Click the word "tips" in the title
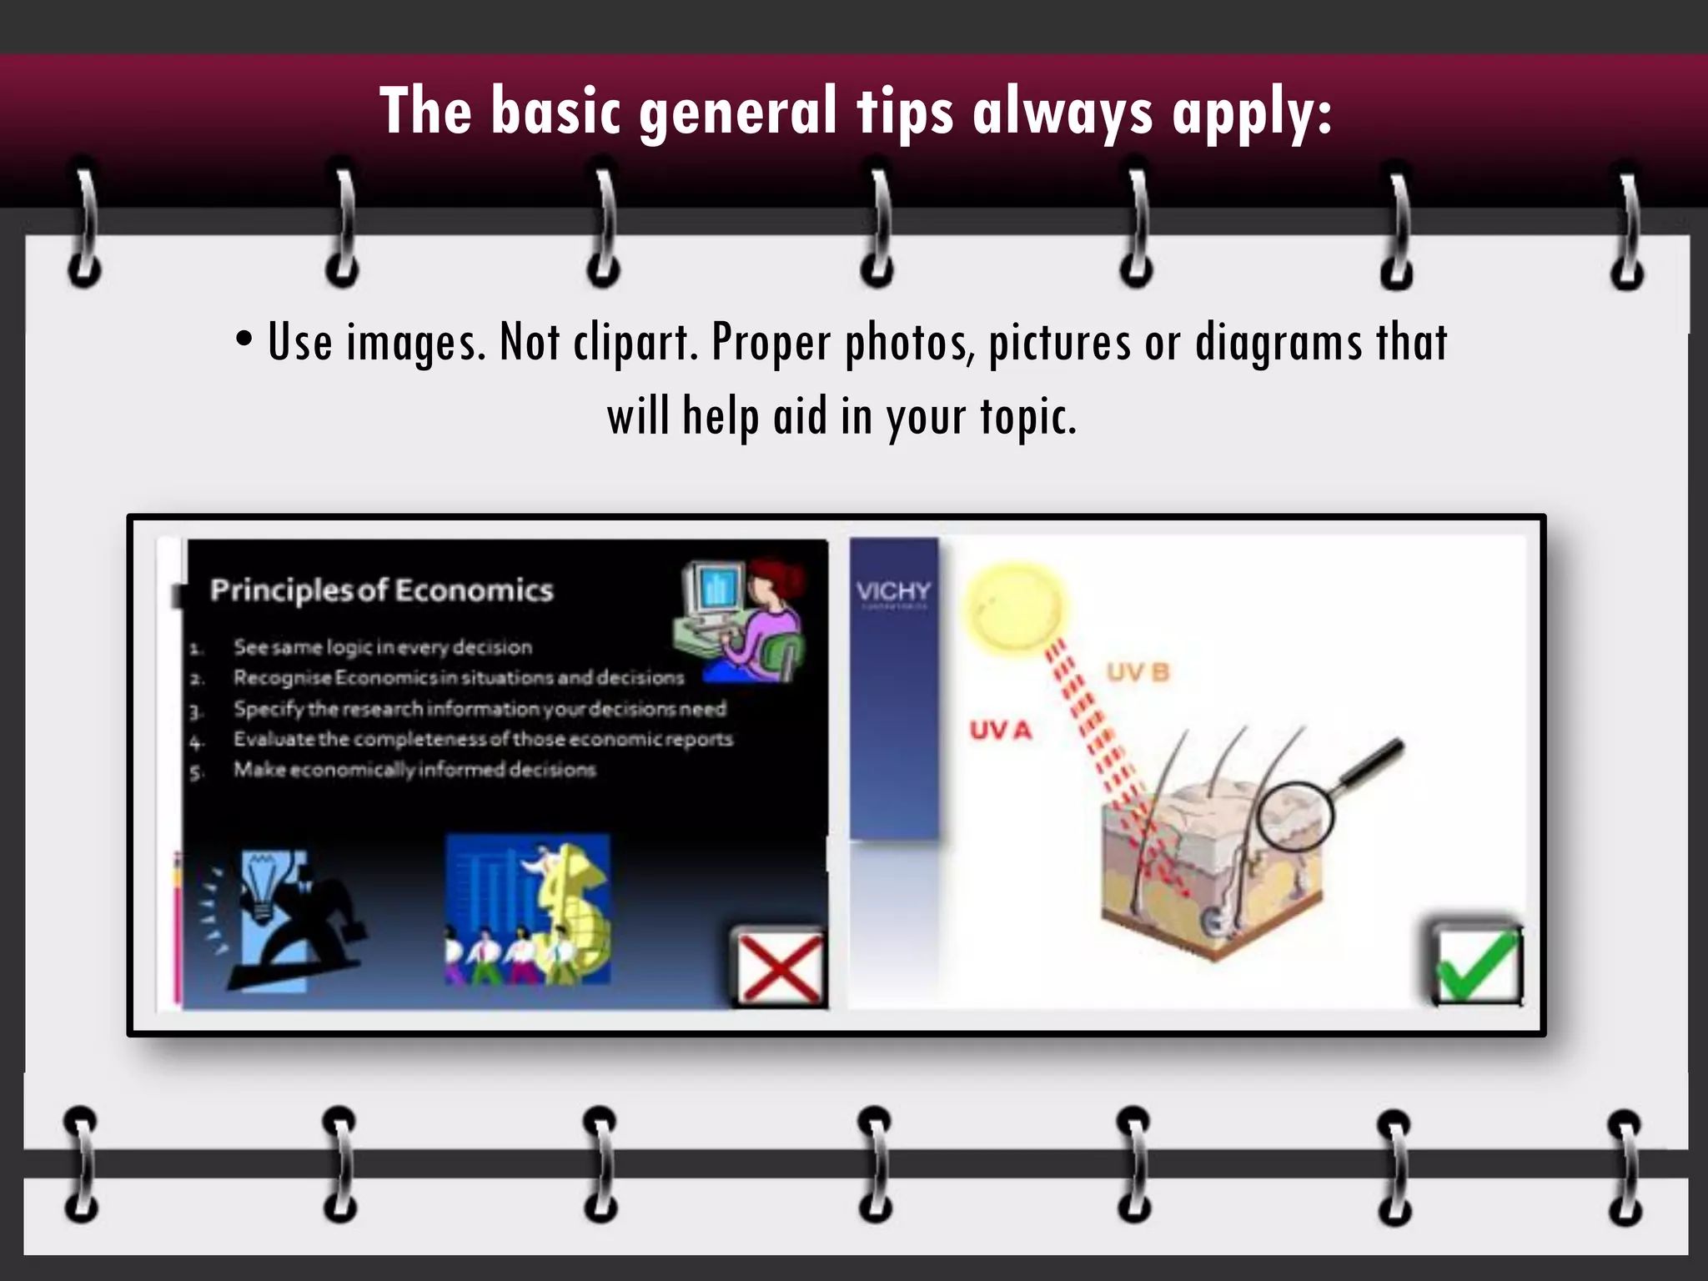pyautogui.click(x=905, y=113)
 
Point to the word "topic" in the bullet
pyautogui.click(x=1026, y=417)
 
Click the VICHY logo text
pyautogui.click(x=893, y=591)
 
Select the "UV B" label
pyautogui.click(x=1138, y=672)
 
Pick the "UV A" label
pyautogui.click(x=1001, y=731)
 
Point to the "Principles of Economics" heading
pyautogui.click(x=382, y=590)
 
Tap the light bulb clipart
pyautogui.click(x=265, y=886)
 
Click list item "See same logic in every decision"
pyautogui.click(x=382, y=647)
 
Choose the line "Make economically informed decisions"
pyautogui.click(x=414, y=770)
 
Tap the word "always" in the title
pyautogui.click(x=1063, y=113)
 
